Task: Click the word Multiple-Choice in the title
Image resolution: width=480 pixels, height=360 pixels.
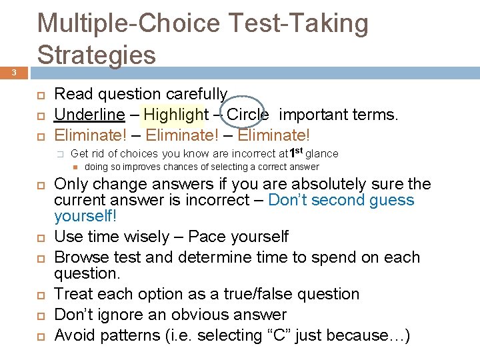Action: point(128,23)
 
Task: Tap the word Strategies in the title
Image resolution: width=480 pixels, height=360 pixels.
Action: point(97,55)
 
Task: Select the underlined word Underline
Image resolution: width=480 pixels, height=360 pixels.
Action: point(89,115)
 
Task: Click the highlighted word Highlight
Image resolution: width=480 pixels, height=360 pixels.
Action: point(176,115)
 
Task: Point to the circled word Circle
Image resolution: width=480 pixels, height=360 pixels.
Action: point(247,115)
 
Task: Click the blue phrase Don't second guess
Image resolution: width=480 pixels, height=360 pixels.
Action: point(341,201)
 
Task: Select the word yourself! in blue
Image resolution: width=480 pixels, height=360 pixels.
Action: point(85,216)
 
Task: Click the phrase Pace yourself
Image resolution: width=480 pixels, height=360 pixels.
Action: point(238,237)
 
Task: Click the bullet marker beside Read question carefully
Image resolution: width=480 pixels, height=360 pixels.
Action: point(40,95)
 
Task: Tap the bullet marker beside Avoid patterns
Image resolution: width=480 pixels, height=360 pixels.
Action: point(40,335)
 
